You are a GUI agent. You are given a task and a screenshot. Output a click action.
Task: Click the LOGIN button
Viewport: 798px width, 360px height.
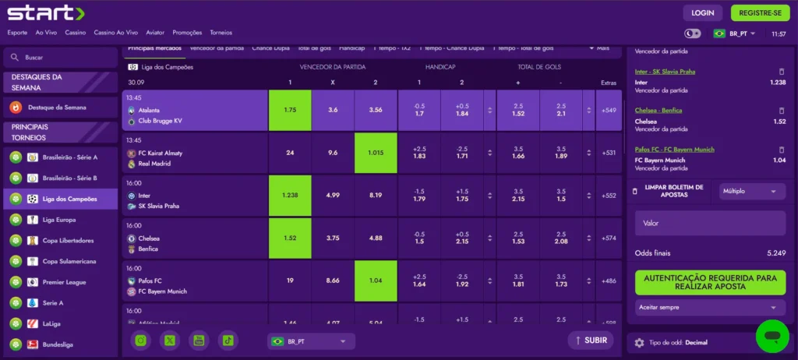(x=702, y=12)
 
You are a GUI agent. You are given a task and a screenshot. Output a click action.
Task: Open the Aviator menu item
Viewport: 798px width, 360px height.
(x=155, y=33)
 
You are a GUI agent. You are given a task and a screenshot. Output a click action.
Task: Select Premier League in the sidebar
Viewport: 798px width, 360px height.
(x=64, y=281)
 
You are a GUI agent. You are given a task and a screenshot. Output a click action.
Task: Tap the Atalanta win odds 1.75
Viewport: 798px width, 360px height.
(x=290, y=111)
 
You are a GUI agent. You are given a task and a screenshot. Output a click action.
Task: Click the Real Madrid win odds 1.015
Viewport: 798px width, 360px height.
(x=376, y=153)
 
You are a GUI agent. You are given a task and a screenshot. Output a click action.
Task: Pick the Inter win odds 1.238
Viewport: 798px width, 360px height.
(x=290, y=195)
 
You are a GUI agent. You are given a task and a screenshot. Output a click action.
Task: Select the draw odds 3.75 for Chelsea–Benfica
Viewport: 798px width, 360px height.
(x=333, y=238)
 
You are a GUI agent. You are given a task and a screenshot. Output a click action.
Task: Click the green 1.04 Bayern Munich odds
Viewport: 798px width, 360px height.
(x=376, y=281)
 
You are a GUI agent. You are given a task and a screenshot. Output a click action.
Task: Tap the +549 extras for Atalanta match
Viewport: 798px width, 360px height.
(x=609, y=111)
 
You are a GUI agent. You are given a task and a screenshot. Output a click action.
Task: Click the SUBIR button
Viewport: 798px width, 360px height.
(x=590, y=341)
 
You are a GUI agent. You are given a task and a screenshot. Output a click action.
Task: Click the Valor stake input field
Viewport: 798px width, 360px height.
(x=709, y=223)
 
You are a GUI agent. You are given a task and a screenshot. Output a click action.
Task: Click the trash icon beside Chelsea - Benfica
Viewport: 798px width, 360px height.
(x=781, y=111)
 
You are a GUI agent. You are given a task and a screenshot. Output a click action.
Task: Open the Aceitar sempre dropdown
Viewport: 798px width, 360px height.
(x=709, y=308)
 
